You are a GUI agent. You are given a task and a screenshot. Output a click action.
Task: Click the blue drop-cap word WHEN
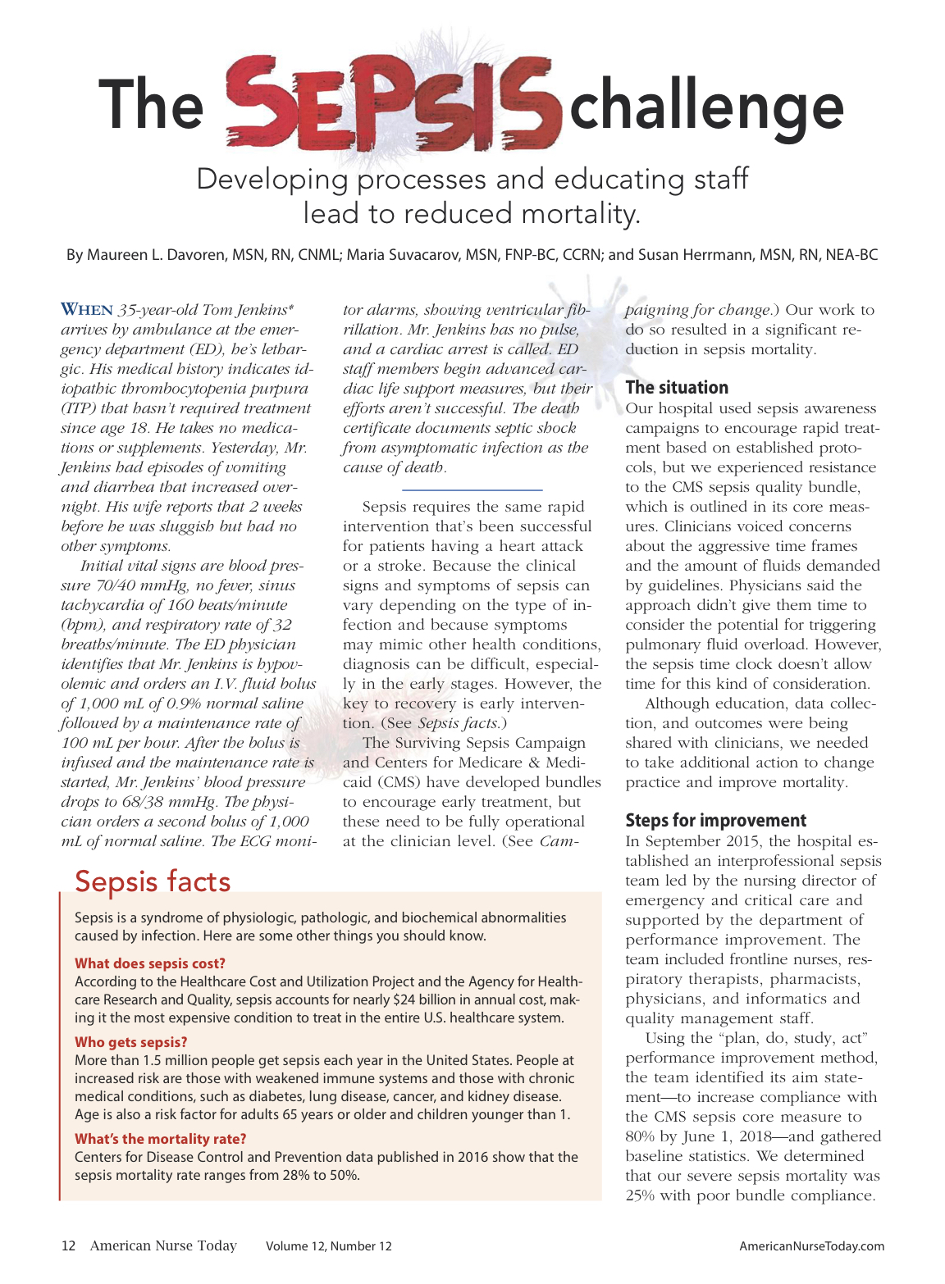pyautogui.click(x=87, y=310)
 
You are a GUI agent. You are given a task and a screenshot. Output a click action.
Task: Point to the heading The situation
pyautogui.click(x=677, y=387)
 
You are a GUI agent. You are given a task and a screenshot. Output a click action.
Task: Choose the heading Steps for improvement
pyautogui.click(x=715, y=820)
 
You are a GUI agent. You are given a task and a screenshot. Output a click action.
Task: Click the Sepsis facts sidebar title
pyautogui.click(x=153, y=881)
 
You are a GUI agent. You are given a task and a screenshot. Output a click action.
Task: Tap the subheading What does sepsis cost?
pyautogui.click(x=150, y=963)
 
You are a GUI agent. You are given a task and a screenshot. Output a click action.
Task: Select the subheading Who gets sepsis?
pyautogui.click(x=131, y=1042)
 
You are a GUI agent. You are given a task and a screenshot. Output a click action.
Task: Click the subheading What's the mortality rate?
pyautogui.click(x=160, y=1139)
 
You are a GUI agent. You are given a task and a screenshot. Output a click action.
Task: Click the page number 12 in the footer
pyautogui.click(x=68, y=1246)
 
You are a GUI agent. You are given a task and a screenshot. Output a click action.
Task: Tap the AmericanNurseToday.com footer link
pyautogui.click(x=811, y=1246)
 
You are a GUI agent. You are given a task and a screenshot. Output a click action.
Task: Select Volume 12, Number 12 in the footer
pyautogui.click(x=328, y=1246)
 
